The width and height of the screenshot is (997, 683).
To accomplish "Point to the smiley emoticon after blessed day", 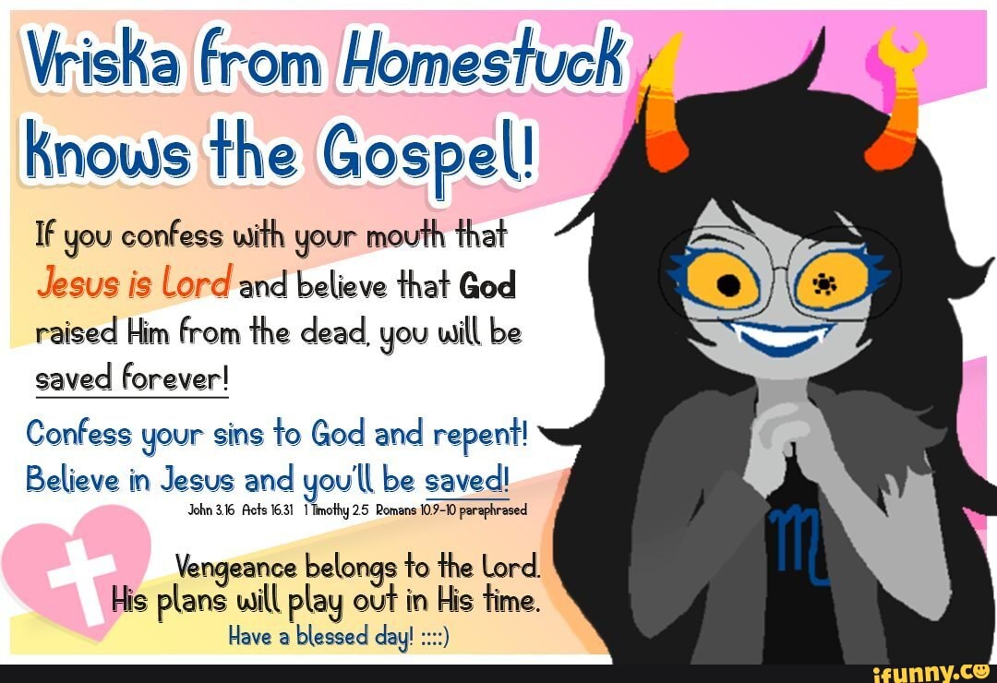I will coord(433,637).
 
